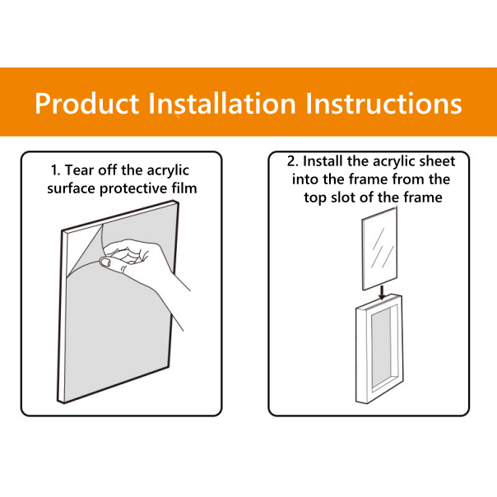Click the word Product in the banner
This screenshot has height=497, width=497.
click(87, 104)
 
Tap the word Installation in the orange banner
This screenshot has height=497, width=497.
click(222, 103)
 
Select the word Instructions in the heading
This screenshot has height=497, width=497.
click(383, 103)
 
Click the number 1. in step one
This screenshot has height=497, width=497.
click(55, 170)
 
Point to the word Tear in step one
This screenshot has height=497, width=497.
click(80, 170)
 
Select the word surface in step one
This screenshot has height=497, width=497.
click(72, 188)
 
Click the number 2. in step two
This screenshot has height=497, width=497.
click(293, 161)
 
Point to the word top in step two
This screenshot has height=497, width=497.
click(315, 198)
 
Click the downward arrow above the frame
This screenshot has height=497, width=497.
click(383, 292)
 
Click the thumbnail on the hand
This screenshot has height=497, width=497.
click(105, 262)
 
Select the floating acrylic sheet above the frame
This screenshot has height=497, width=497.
click(379, 248)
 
